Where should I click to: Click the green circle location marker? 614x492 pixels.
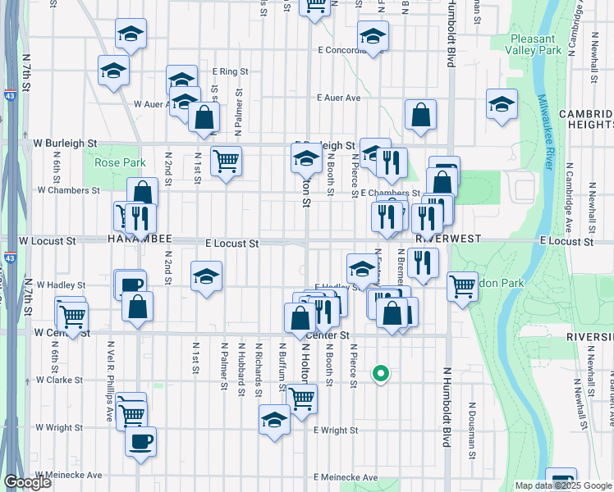pyautogui.click(x=380, y=373)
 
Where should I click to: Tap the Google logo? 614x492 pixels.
pyautogui.click(x=27, y=482)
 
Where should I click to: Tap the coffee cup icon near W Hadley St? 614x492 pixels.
pyautogui.click(x=131, y=285)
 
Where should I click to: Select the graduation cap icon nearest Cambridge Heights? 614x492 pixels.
pyautogui.click(x=502, y=104)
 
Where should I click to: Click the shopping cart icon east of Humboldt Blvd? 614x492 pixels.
pyautogui.click(x=463, y=286)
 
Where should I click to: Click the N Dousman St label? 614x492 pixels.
pyautogui.click(x=473, y=422)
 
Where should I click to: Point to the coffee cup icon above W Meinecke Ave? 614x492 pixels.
pyautogui.click(x=140, y=441)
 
